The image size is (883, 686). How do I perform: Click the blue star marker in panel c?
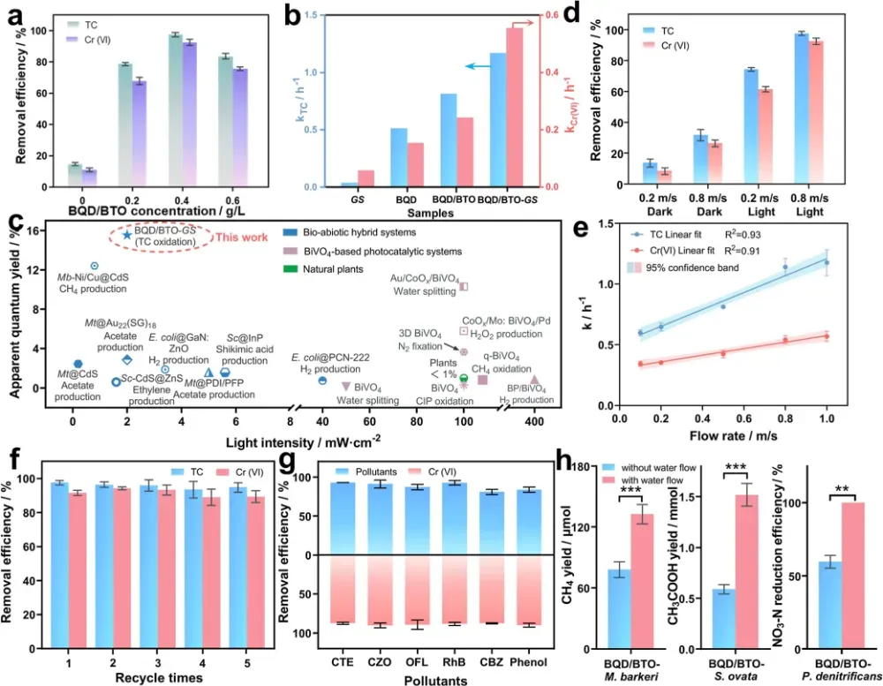[x=127, y=234]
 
